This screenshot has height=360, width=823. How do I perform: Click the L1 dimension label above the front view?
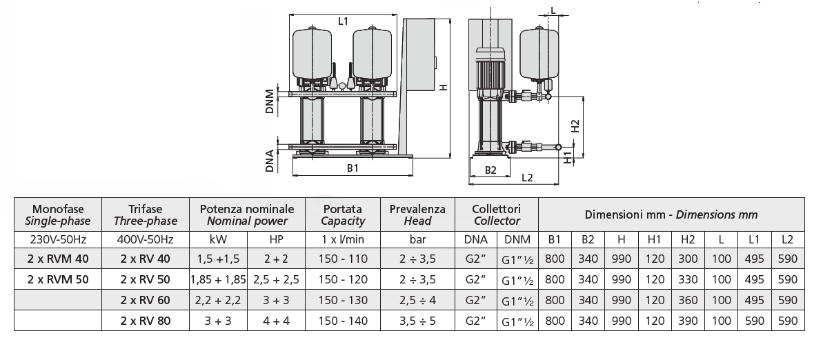(343, 21)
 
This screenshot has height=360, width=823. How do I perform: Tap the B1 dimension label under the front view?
(353, 168)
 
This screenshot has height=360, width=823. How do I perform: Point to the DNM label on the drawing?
(270, 103)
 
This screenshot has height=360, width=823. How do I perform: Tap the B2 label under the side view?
(490, 169)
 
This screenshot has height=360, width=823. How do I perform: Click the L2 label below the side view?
(527, 177)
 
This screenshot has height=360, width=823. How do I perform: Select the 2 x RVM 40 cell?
(59, 259)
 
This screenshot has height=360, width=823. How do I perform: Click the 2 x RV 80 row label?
(145, 321)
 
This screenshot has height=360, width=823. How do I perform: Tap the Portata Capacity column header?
(343, 215)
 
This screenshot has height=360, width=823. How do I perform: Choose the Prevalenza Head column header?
(417, 215)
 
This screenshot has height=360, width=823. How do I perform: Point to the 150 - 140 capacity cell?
(343, 321)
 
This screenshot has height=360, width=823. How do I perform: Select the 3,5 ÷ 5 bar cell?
(417, 321)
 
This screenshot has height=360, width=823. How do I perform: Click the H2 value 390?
(688, 321)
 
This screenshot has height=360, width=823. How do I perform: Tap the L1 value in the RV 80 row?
(755, 321)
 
